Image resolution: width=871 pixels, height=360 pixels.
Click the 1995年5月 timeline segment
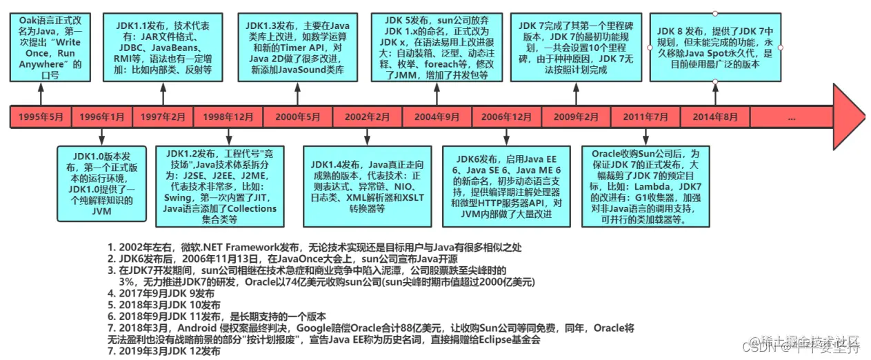(x=41, y=117)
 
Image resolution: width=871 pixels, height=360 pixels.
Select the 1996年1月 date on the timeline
(x=102, y=117)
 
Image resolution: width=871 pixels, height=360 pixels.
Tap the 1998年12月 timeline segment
(x=228, y=117)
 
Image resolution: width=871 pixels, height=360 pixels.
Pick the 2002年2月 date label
(x=368, y=117)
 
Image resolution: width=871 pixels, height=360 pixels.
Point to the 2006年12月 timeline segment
(x=507, y=117)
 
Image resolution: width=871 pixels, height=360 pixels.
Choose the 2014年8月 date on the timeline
(x=714, y=117)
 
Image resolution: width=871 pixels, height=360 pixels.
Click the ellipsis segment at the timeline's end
(x=791, y=117)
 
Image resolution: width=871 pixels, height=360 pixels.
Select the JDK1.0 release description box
(x=102, y=182)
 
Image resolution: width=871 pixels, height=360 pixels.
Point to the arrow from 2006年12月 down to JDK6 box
(x=507, y=137)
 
